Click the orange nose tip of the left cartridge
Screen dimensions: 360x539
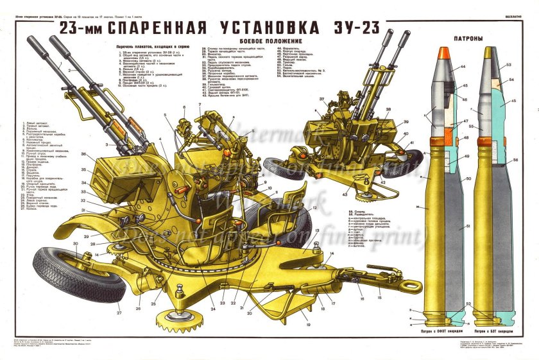tap(443, 55)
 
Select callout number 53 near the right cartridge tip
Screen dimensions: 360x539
tap(509, 65)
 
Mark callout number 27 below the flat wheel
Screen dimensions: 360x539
tap(119, 313)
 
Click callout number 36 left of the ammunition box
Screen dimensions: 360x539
tap(83, 154)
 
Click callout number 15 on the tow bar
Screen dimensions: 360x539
tap(379, 298)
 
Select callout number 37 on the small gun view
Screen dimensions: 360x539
tap(321, 99)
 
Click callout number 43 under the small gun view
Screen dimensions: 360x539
tap(345, 194)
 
